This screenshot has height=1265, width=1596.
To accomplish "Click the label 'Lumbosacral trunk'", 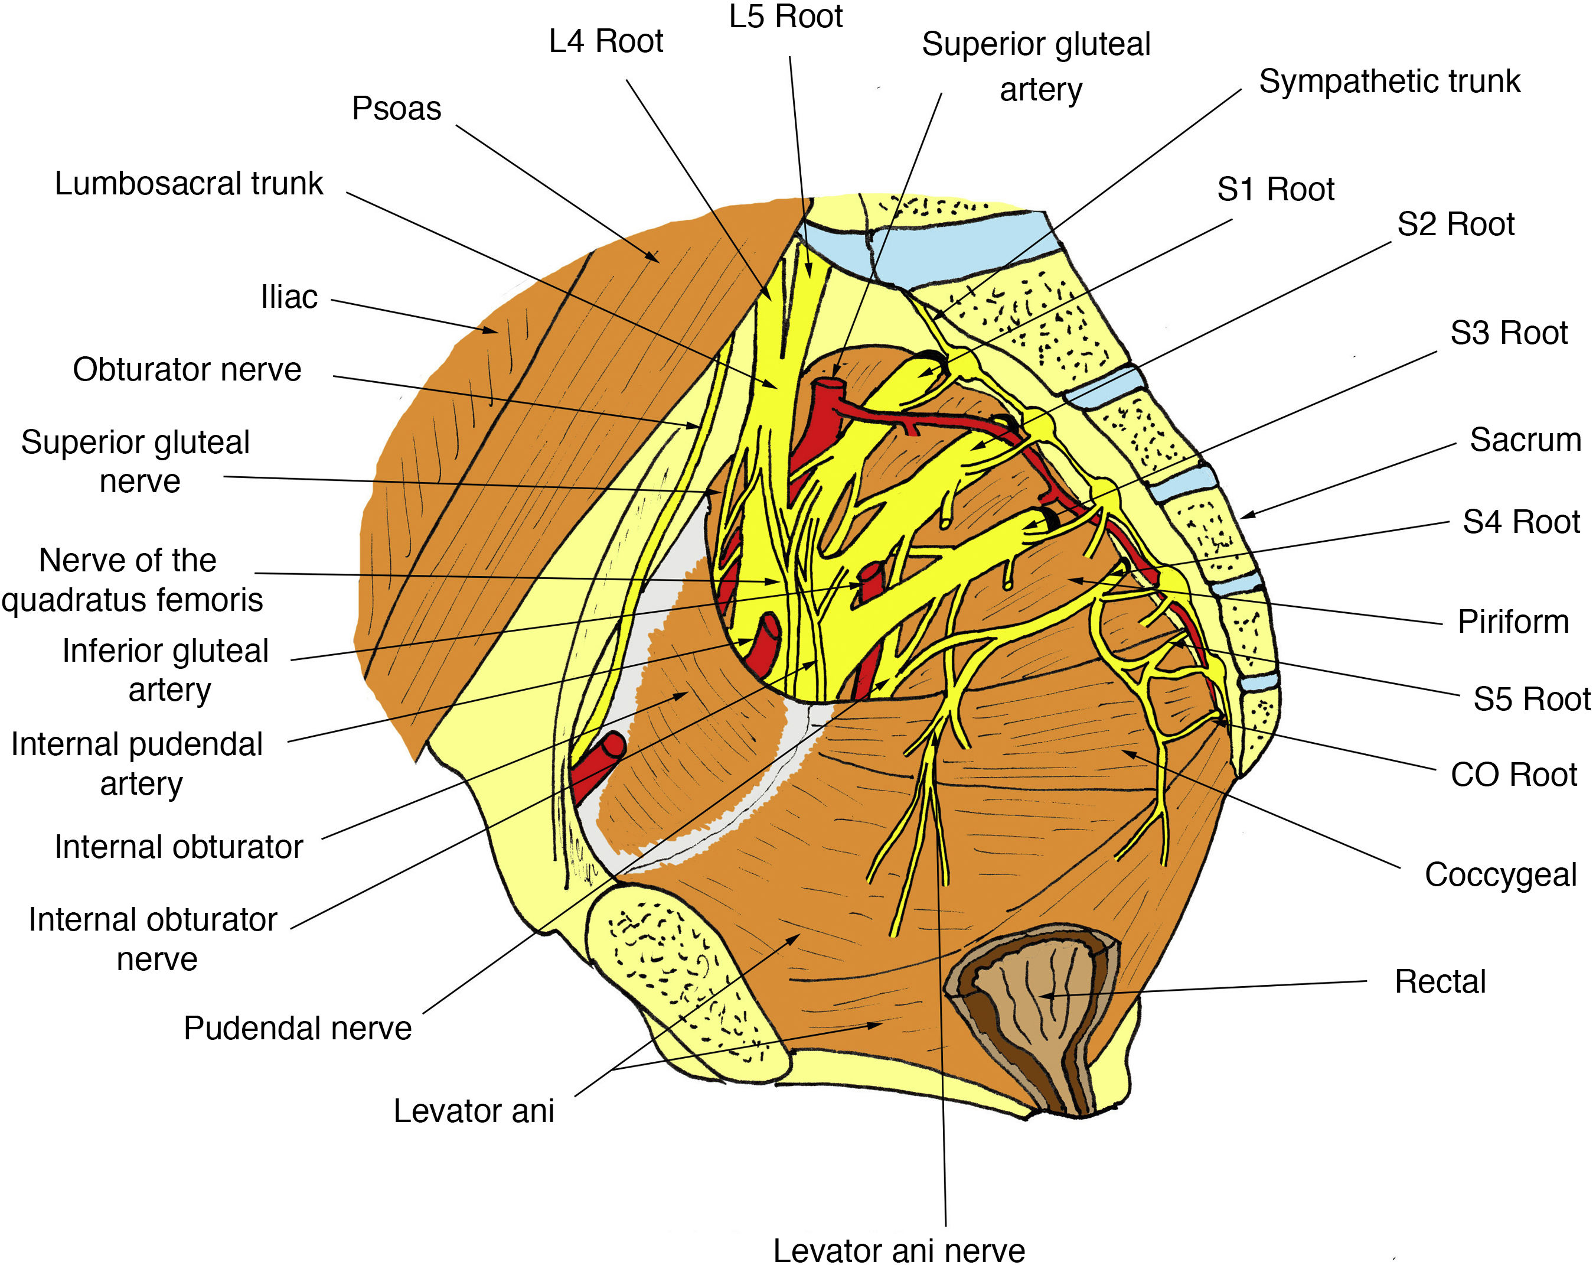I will pos(189,184).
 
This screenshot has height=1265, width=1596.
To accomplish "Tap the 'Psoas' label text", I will pos(396,108).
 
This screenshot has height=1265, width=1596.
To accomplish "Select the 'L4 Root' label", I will pos(606,41).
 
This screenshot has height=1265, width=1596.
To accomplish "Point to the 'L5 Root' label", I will pos(785,17).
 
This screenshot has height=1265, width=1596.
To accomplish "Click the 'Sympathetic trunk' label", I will pos(1389,82).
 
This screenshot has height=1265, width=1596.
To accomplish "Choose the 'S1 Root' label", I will pos(1275,190).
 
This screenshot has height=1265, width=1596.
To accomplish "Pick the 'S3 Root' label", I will pos(1509,333).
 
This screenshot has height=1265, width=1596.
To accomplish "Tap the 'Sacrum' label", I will pos(1525,440).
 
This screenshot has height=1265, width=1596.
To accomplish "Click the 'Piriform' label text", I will pos(1512,622).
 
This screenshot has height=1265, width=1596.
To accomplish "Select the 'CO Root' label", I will pos(1513,775).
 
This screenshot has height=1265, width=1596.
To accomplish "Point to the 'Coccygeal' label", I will pos(1500,874).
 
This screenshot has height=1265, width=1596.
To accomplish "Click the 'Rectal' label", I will pos(1440,981).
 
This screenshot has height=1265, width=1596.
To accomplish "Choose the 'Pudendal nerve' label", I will pos(298,1028).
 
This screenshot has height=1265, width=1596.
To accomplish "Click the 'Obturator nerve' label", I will pos(187,370).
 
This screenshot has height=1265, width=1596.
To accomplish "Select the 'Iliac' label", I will pos(289,297).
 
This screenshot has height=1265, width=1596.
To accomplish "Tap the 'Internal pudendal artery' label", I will pos(138,763).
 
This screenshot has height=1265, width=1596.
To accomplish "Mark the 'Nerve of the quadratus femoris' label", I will pos(131,580).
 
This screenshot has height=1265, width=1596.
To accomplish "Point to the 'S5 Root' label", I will pos(1531,699).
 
